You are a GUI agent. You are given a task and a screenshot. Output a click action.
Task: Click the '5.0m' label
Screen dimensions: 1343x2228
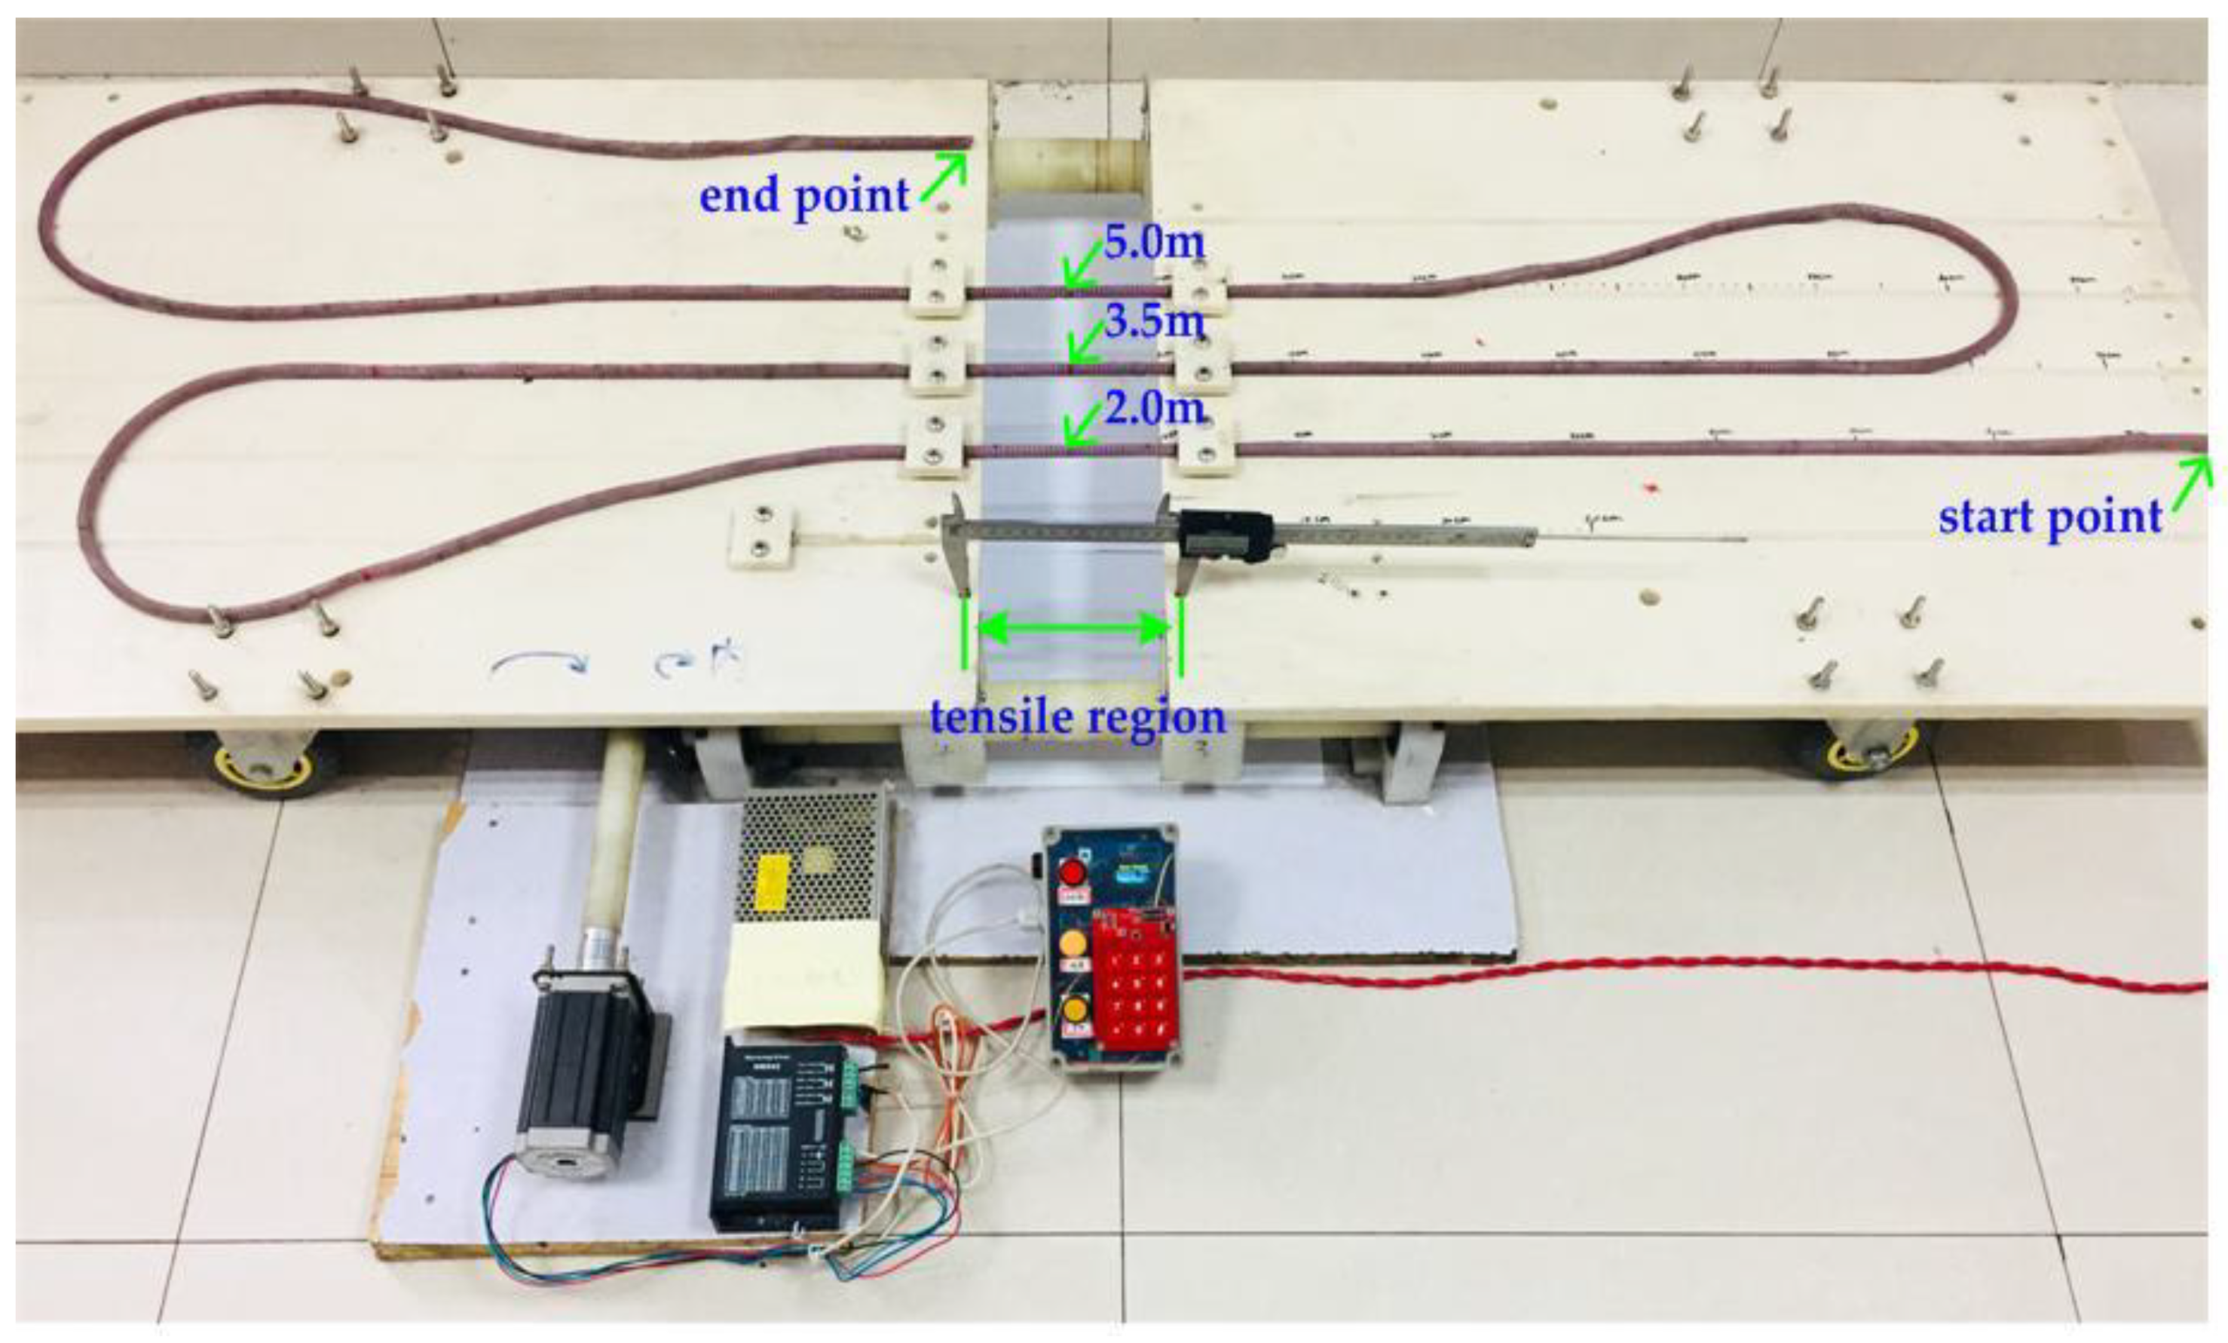[x=1154, y=241]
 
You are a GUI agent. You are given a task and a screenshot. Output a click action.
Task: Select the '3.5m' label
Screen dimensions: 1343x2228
[x=1155, y=321]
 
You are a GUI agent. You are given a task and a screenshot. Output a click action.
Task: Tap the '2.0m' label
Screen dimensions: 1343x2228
[x=1155, y=409]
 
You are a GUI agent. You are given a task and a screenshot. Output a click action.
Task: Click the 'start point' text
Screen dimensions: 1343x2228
[x=2050, y=517]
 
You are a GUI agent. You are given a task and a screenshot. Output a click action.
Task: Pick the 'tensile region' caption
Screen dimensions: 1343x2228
[x=1077, y=717]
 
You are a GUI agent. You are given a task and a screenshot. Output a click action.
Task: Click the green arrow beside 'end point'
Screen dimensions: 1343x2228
[x=944, y=176]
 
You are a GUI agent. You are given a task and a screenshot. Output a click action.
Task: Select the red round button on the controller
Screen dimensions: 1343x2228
[x=1073, y=872]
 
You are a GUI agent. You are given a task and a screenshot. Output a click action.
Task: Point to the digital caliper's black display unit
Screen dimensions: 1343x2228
[x=1226, y=535]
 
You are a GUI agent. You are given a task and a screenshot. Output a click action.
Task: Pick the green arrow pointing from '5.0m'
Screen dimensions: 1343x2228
[x=1082, y=266]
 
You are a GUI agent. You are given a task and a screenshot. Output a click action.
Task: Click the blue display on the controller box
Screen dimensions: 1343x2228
[x=1132, y=874]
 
